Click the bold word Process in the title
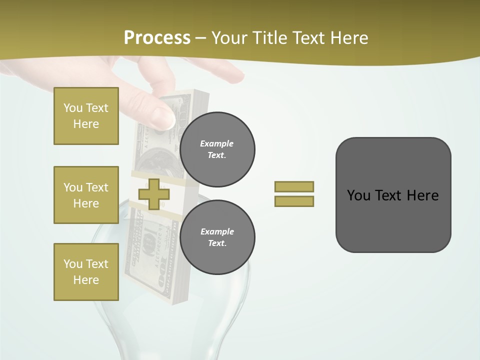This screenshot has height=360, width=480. (157, 38)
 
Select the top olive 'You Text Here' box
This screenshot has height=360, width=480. (86, 116)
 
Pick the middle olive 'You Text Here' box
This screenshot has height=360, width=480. (86, 195)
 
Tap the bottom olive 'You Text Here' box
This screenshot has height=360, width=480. (86, 272)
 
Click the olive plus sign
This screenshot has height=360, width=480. (153, 194)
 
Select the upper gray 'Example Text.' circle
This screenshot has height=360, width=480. (217, 149)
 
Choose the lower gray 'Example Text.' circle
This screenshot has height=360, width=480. (217, 237)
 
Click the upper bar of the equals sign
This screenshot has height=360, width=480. (294, 186)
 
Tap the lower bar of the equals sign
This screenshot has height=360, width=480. (294, 201)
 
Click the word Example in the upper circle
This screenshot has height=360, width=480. (217, 143)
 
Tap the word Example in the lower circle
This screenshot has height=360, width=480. (217, 231)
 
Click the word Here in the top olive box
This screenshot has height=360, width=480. (86, 124)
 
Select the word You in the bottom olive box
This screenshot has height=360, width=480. (72, 264)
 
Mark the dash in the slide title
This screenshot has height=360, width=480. (201, 38)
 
